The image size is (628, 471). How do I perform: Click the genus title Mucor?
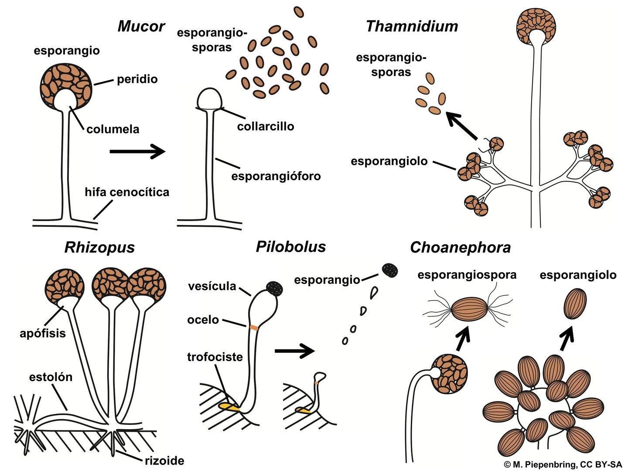coord(141,27)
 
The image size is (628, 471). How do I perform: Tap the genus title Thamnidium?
coord(412,27)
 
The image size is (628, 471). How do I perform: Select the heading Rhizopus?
coord(99,248)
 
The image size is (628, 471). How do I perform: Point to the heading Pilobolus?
coord(290,247)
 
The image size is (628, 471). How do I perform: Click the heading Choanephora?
coord(460,248)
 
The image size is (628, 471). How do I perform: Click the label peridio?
coord(137,79)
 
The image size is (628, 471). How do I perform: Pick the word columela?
coord(113,129)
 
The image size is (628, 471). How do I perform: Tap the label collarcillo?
coord(266,126)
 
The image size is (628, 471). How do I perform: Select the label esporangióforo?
coord(276,176)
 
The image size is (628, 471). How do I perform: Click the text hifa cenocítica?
coord(127,192)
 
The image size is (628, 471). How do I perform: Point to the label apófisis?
coord(43,334)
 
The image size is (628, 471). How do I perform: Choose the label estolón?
coord(51,377)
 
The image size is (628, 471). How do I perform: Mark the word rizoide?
coord(164,461)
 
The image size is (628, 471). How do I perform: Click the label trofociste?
coord(215,357)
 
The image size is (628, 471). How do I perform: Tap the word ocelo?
coord(203,320)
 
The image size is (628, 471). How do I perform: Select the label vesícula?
coord(212,287)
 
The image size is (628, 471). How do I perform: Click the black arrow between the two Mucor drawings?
coord(137,152)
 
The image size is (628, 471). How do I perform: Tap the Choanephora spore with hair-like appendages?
coord(468,309)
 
